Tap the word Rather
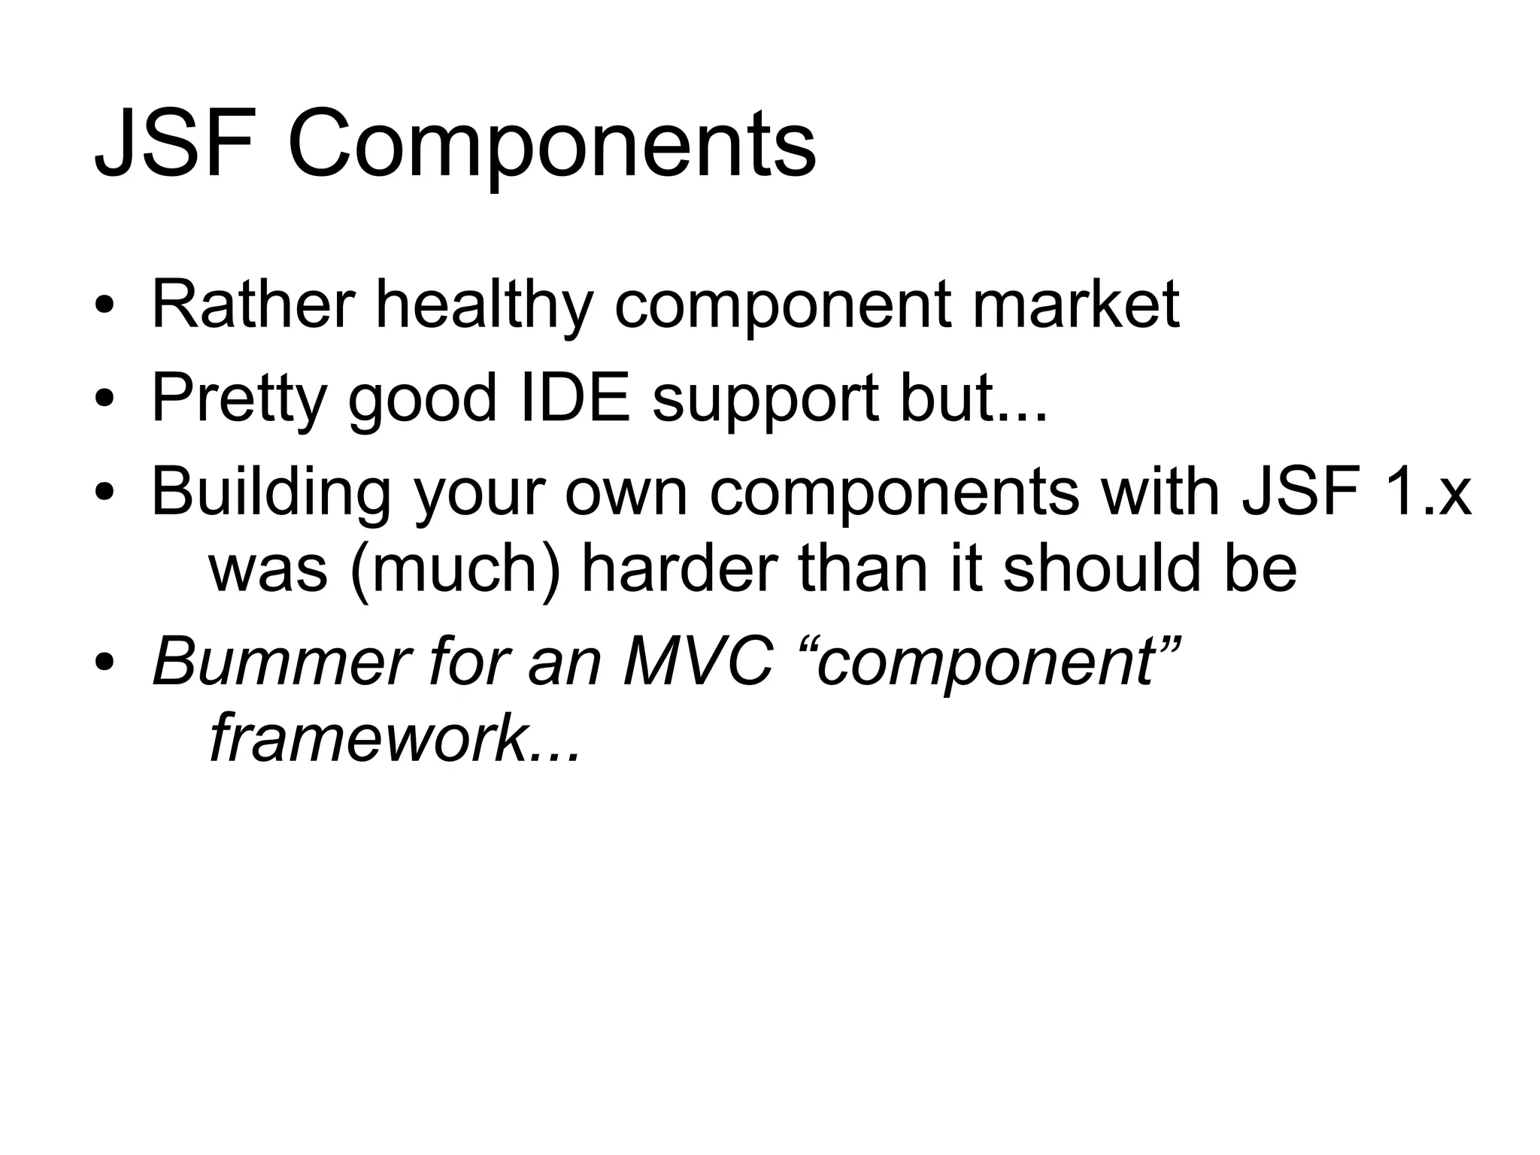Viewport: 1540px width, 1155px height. click(x=253, y=304)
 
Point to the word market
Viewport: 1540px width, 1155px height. click(x=1075, y=304)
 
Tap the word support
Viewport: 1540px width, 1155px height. click(x=766, y=401)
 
